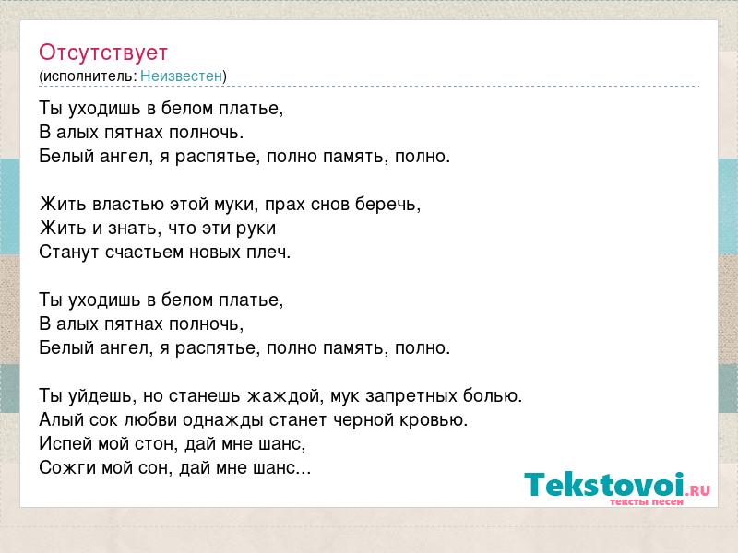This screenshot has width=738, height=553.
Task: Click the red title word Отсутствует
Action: tap(103, 53)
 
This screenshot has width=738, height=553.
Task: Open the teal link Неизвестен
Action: tap(181, 76)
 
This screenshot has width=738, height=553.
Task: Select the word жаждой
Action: tap(283, 396)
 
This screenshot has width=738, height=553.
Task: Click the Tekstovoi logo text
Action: tap(604, 485)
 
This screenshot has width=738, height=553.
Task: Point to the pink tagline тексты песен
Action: tap(647, 501)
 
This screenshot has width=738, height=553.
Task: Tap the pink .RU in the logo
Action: tap(698, 491)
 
